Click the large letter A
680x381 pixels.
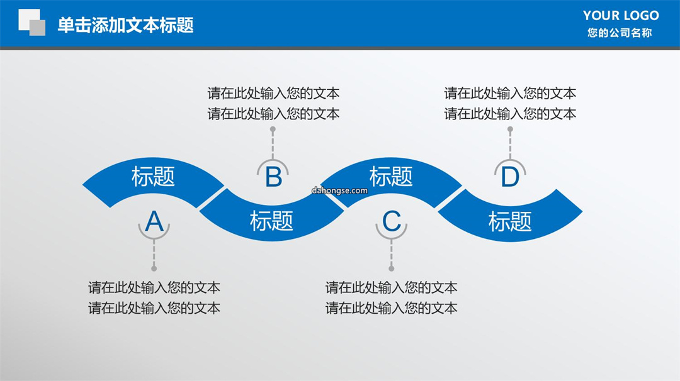[x=154, y=222]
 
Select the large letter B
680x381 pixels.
[x=273, y=177]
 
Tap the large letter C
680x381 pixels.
[x=391, y=222]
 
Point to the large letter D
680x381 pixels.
[x=510, y=177]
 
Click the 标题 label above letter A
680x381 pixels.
[x=153, y=177]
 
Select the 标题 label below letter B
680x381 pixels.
[x=271, y=221]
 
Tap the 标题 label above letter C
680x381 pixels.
[x=391, y=177]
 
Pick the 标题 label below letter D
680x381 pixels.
[x=510, y=221]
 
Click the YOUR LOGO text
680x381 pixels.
[x=621, y=16]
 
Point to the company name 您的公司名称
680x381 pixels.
[x=620, y=33]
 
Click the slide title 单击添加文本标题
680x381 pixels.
[x=125, y=25]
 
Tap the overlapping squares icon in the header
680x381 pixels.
[x=31, y=22]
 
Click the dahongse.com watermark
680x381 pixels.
[x=339, y=190]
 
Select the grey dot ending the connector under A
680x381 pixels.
[x=154, y=268]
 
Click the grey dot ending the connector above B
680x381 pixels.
[x=273, y=129]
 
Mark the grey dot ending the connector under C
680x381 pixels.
[x=391, y=268]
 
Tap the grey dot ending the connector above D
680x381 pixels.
[x=510, y=129]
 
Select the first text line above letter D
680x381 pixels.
[x=510, y=93]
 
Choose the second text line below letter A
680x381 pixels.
[x=154, y=308]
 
